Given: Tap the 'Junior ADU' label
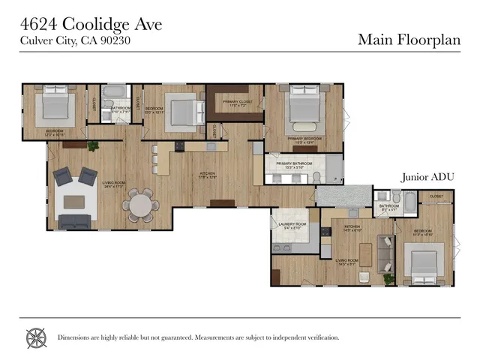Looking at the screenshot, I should pos(428,177).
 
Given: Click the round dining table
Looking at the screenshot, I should pos(139,202).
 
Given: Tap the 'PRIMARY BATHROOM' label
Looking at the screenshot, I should pos(292,165).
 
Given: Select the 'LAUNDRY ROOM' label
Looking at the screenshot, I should pos(292,224).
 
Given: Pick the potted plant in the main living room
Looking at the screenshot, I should pos(94,145).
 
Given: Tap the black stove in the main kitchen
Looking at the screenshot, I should pos(180,145).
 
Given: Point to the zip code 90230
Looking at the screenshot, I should pos(118,40).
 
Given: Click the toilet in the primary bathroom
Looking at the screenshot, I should pos(317,176).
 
